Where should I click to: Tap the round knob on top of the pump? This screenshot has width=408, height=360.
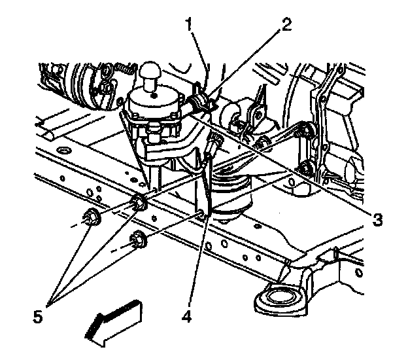(151, 71)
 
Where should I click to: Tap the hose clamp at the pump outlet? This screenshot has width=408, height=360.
(200, 102)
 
